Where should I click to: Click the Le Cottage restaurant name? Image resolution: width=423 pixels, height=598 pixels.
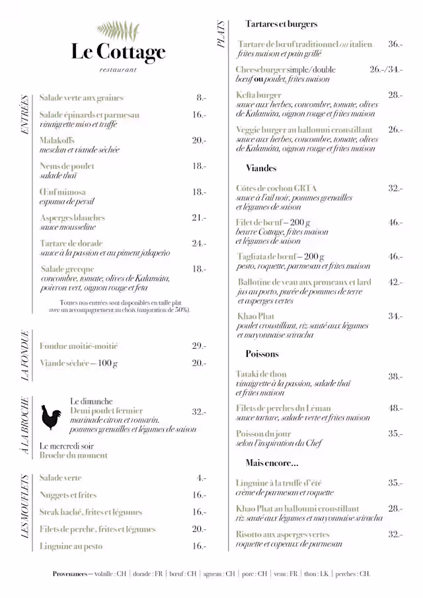tap(118, 52)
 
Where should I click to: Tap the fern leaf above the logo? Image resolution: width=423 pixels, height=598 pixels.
tap(118, 30)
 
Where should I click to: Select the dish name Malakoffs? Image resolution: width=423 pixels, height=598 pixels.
tap(57, 141)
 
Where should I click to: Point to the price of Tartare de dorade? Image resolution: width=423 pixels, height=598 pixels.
tap(199, 244)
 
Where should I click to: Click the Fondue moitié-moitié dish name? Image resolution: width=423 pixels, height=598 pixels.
tap(79, 346)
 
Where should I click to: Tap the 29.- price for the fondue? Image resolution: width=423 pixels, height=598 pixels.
tap(199, 346)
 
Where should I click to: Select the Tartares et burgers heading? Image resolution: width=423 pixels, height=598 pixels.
tap(281, 24)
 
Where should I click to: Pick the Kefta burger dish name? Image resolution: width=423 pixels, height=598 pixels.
tap(258, 95)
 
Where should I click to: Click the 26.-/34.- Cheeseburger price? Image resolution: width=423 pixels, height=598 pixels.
tap(386, 69)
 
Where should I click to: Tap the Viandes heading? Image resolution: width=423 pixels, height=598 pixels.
tap(261, 168)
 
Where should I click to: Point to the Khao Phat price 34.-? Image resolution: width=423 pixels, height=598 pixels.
tap(395, 317)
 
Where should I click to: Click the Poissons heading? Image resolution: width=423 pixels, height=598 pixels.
tap(262, 354)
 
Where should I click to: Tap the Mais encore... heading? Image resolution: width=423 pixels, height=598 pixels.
tap(272, 463)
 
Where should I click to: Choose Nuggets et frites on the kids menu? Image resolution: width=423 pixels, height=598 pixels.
tap(68, 495)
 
